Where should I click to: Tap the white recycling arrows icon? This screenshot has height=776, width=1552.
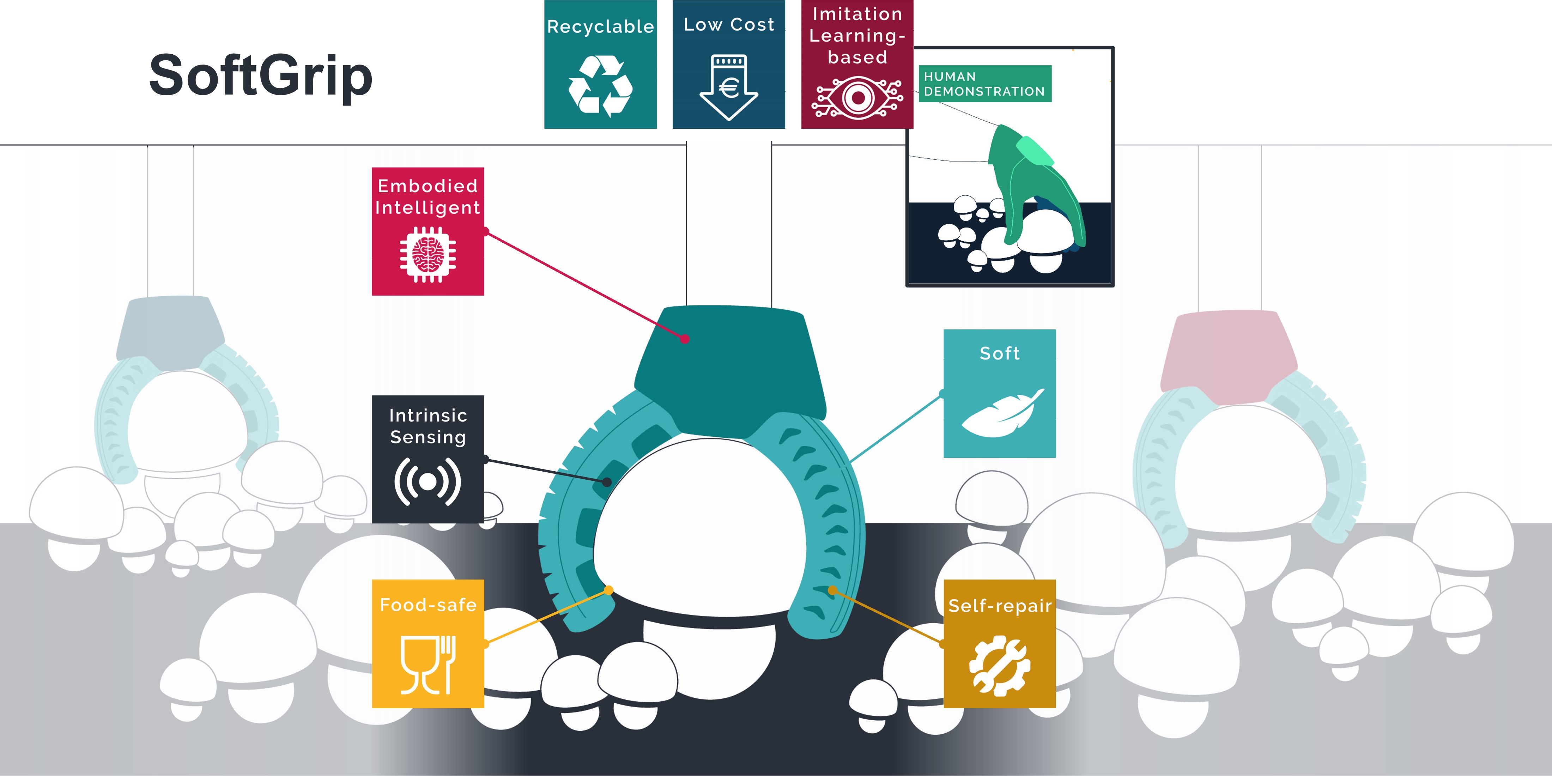coord(600,86)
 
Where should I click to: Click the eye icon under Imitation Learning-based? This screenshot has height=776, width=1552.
coord(857,98)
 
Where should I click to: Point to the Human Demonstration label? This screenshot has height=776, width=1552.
coord(984,84)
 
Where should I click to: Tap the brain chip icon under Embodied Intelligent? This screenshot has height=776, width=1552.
coord(428,254)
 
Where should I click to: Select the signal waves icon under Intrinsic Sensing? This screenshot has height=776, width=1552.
coord(428,481)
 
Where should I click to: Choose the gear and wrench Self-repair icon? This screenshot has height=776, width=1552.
coord(1000,666)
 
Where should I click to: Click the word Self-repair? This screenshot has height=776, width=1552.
coord(1000,606)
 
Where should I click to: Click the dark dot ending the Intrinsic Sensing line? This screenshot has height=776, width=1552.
coord(607,482)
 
